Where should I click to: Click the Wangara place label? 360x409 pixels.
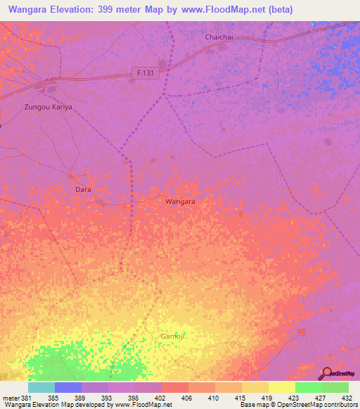tap(180, 201)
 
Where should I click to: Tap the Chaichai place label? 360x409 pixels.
tap(218, 37)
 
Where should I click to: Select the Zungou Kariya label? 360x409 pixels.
tap(49, 107)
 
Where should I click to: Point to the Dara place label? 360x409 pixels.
tap(83, 189)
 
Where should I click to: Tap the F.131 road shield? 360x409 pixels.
tap(146, 72)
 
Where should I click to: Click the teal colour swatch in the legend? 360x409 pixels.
tap(41, 387)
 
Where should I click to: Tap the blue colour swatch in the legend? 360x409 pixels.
tap(68, 387)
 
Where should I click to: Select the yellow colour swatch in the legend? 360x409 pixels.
tap(282, 387)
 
